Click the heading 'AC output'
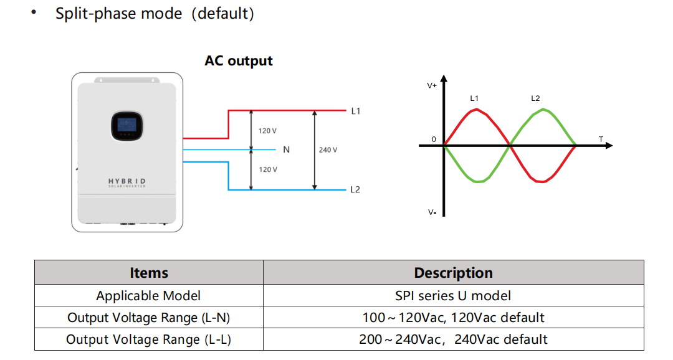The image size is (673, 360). [238, 61]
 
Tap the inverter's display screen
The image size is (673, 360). [127, 126]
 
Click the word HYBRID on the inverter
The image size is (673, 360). [127, 181]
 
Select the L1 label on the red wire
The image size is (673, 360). [356, 111]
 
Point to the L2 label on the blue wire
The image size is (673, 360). [355, 190]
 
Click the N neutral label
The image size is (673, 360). [286, 149]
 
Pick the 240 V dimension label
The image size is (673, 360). [328, 149]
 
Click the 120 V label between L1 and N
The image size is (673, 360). [267, 131]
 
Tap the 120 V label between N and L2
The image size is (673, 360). [268, 169]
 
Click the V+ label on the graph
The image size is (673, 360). [432, 86]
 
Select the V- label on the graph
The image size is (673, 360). [432, 212]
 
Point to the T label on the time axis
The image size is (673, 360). [601, 139]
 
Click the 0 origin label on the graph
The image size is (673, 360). [434, 140]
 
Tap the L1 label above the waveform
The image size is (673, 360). [474, 98]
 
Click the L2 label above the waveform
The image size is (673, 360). [535, 98]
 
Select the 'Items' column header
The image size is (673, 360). [149, 273]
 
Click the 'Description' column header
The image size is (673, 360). [453, 273]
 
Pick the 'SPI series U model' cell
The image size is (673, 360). [453, 296]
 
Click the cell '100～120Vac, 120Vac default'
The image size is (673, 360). [453, 318]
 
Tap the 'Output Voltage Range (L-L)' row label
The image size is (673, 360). [148, 339]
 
